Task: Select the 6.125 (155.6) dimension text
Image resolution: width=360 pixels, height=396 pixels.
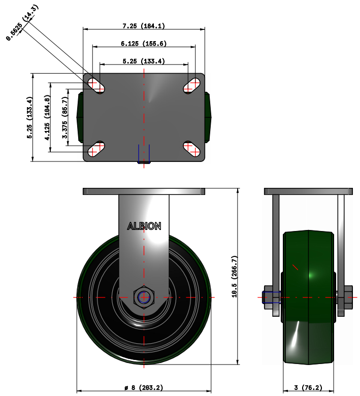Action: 144,44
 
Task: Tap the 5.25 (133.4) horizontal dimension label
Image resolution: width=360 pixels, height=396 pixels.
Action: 144,61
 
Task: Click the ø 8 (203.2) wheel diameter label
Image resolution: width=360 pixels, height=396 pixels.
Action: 144,388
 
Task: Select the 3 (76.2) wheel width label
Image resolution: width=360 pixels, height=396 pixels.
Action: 308,388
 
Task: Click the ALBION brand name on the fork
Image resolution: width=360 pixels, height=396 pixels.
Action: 144,226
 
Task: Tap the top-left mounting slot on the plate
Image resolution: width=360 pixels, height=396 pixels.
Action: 95,85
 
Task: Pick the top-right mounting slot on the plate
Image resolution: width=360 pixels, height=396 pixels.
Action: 192,85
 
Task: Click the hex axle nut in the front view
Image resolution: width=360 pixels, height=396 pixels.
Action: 144,297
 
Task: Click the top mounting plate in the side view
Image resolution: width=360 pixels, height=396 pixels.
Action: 308,191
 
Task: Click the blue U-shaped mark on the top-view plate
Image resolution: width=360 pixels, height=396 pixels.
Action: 144,154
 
